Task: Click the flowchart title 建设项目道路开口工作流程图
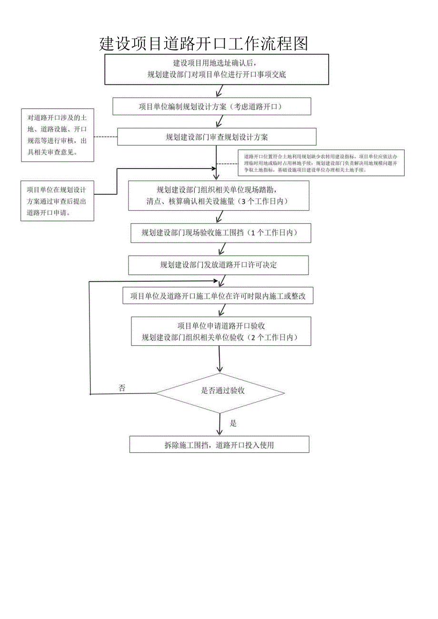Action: click(203, 44)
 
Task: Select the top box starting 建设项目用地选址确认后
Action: click(217, 69)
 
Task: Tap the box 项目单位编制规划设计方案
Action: click(211, 107)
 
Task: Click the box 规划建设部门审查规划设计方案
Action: click(217, 138)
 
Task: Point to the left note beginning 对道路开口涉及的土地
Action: click(57, 135)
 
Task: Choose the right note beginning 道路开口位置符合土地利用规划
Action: click(321, 163)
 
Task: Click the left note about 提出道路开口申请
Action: click(57, 201)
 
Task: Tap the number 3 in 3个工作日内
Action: click(244, 201)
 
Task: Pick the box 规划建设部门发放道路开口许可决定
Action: click(219, 265)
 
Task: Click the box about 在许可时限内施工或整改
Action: click(219, 296)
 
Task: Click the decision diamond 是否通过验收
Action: click(220, 391)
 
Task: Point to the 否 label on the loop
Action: click(122, 388)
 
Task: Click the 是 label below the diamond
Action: click(233, 423)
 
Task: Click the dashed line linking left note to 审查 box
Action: click(105, 137)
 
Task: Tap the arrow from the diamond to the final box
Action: click(219, 423)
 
